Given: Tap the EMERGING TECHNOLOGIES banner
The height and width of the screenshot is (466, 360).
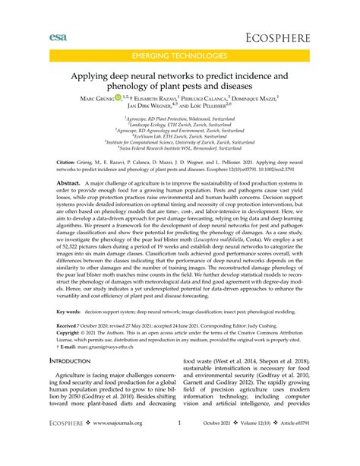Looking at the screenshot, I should coord(180,57).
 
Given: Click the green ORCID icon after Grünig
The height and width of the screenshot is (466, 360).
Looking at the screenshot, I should coord(128,98).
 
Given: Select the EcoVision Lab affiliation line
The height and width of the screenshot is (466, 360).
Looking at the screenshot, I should coord(180,137).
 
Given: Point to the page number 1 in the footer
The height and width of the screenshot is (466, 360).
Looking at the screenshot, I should coord(179,445).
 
